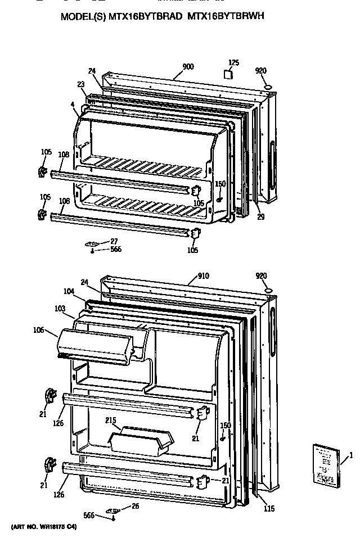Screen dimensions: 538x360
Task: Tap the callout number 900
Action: pos(188,67)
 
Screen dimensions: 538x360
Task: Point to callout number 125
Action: pos(233,62)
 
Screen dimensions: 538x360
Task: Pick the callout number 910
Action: pos(203,276)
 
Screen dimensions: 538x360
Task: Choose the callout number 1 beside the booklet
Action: pos(351,454)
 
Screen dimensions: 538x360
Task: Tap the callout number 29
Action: pos(260,218)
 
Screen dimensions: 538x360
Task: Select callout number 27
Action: pos(114,241)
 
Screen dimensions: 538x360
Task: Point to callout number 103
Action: pos(61,309)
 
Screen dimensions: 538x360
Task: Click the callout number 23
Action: pos(81,84)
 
